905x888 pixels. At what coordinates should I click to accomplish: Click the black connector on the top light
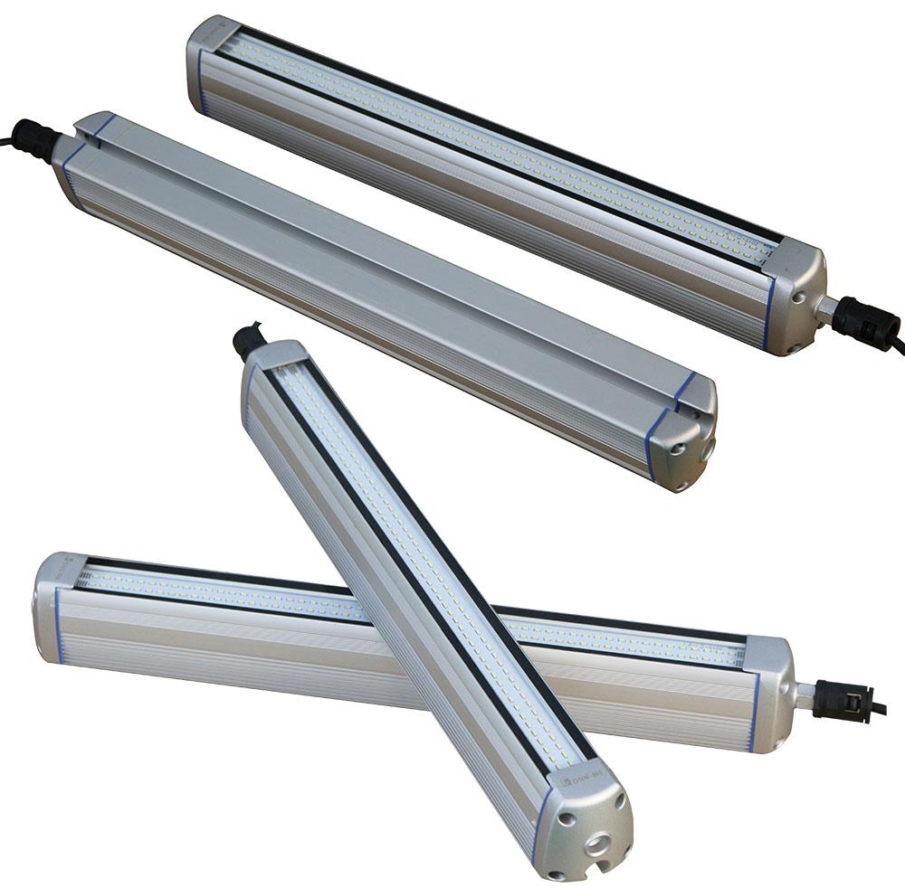[865, 318]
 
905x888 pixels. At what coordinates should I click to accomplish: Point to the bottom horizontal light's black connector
[842, 700]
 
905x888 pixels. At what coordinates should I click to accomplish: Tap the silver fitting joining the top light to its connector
[827, 307]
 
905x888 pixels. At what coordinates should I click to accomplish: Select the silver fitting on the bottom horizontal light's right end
[802, 694]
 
